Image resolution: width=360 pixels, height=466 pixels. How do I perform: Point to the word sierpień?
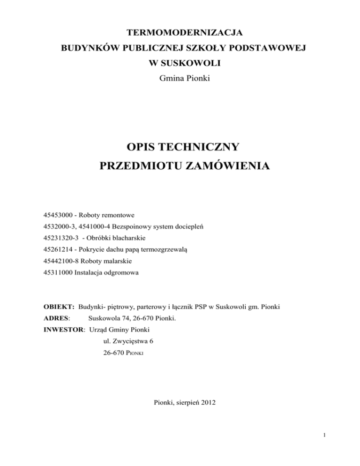(x=185, y=401)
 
